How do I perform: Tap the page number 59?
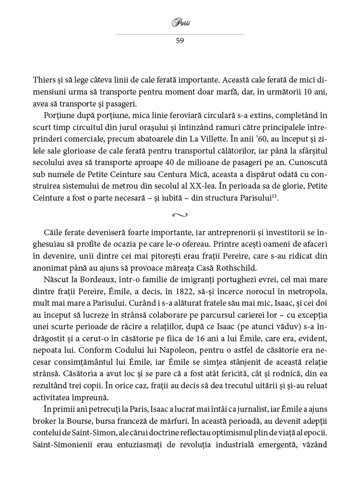(180, 41)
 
